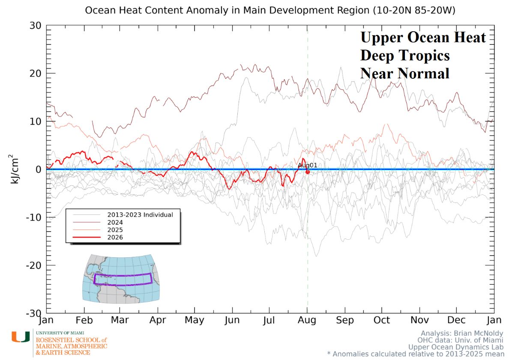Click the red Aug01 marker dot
pyautogui.click(x=308, y=172)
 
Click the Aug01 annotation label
pyautogui.click(x=307, y=165)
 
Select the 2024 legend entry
pyautogui.click(x=115, y=223)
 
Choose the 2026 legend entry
pyautogui.click(x=115, y=237)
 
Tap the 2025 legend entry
pyautogui.click(x=115, y=230)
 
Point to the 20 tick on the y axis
pyautogui.click(x=36, y=74)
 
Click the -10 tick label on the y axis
pyautogui.click(x=33, y=217)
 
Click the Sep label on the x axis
pyautogui.click(x=345, y=320)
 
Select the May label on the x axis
pyautogui.click(x=194, y=320)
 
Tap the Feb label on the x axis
pyautogui.click(x=84, y=320)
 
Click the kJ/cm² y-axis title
pyautogui.click(x=14, y=169)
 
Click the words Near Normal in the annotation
pyautogui.click(x=404, y=74)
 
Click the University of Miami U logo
pyautogui.click(x=21, y=337)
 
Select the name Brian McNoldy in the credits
pyautogui.click(x=479, y=333)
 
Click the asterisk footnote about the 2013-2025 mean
pyautogui.click(x=416, y=354)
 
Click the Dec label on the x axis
pyautogui.click(x=456, y=320)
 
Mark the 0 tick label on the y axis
pyautogui.click(x=39, y=170)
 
